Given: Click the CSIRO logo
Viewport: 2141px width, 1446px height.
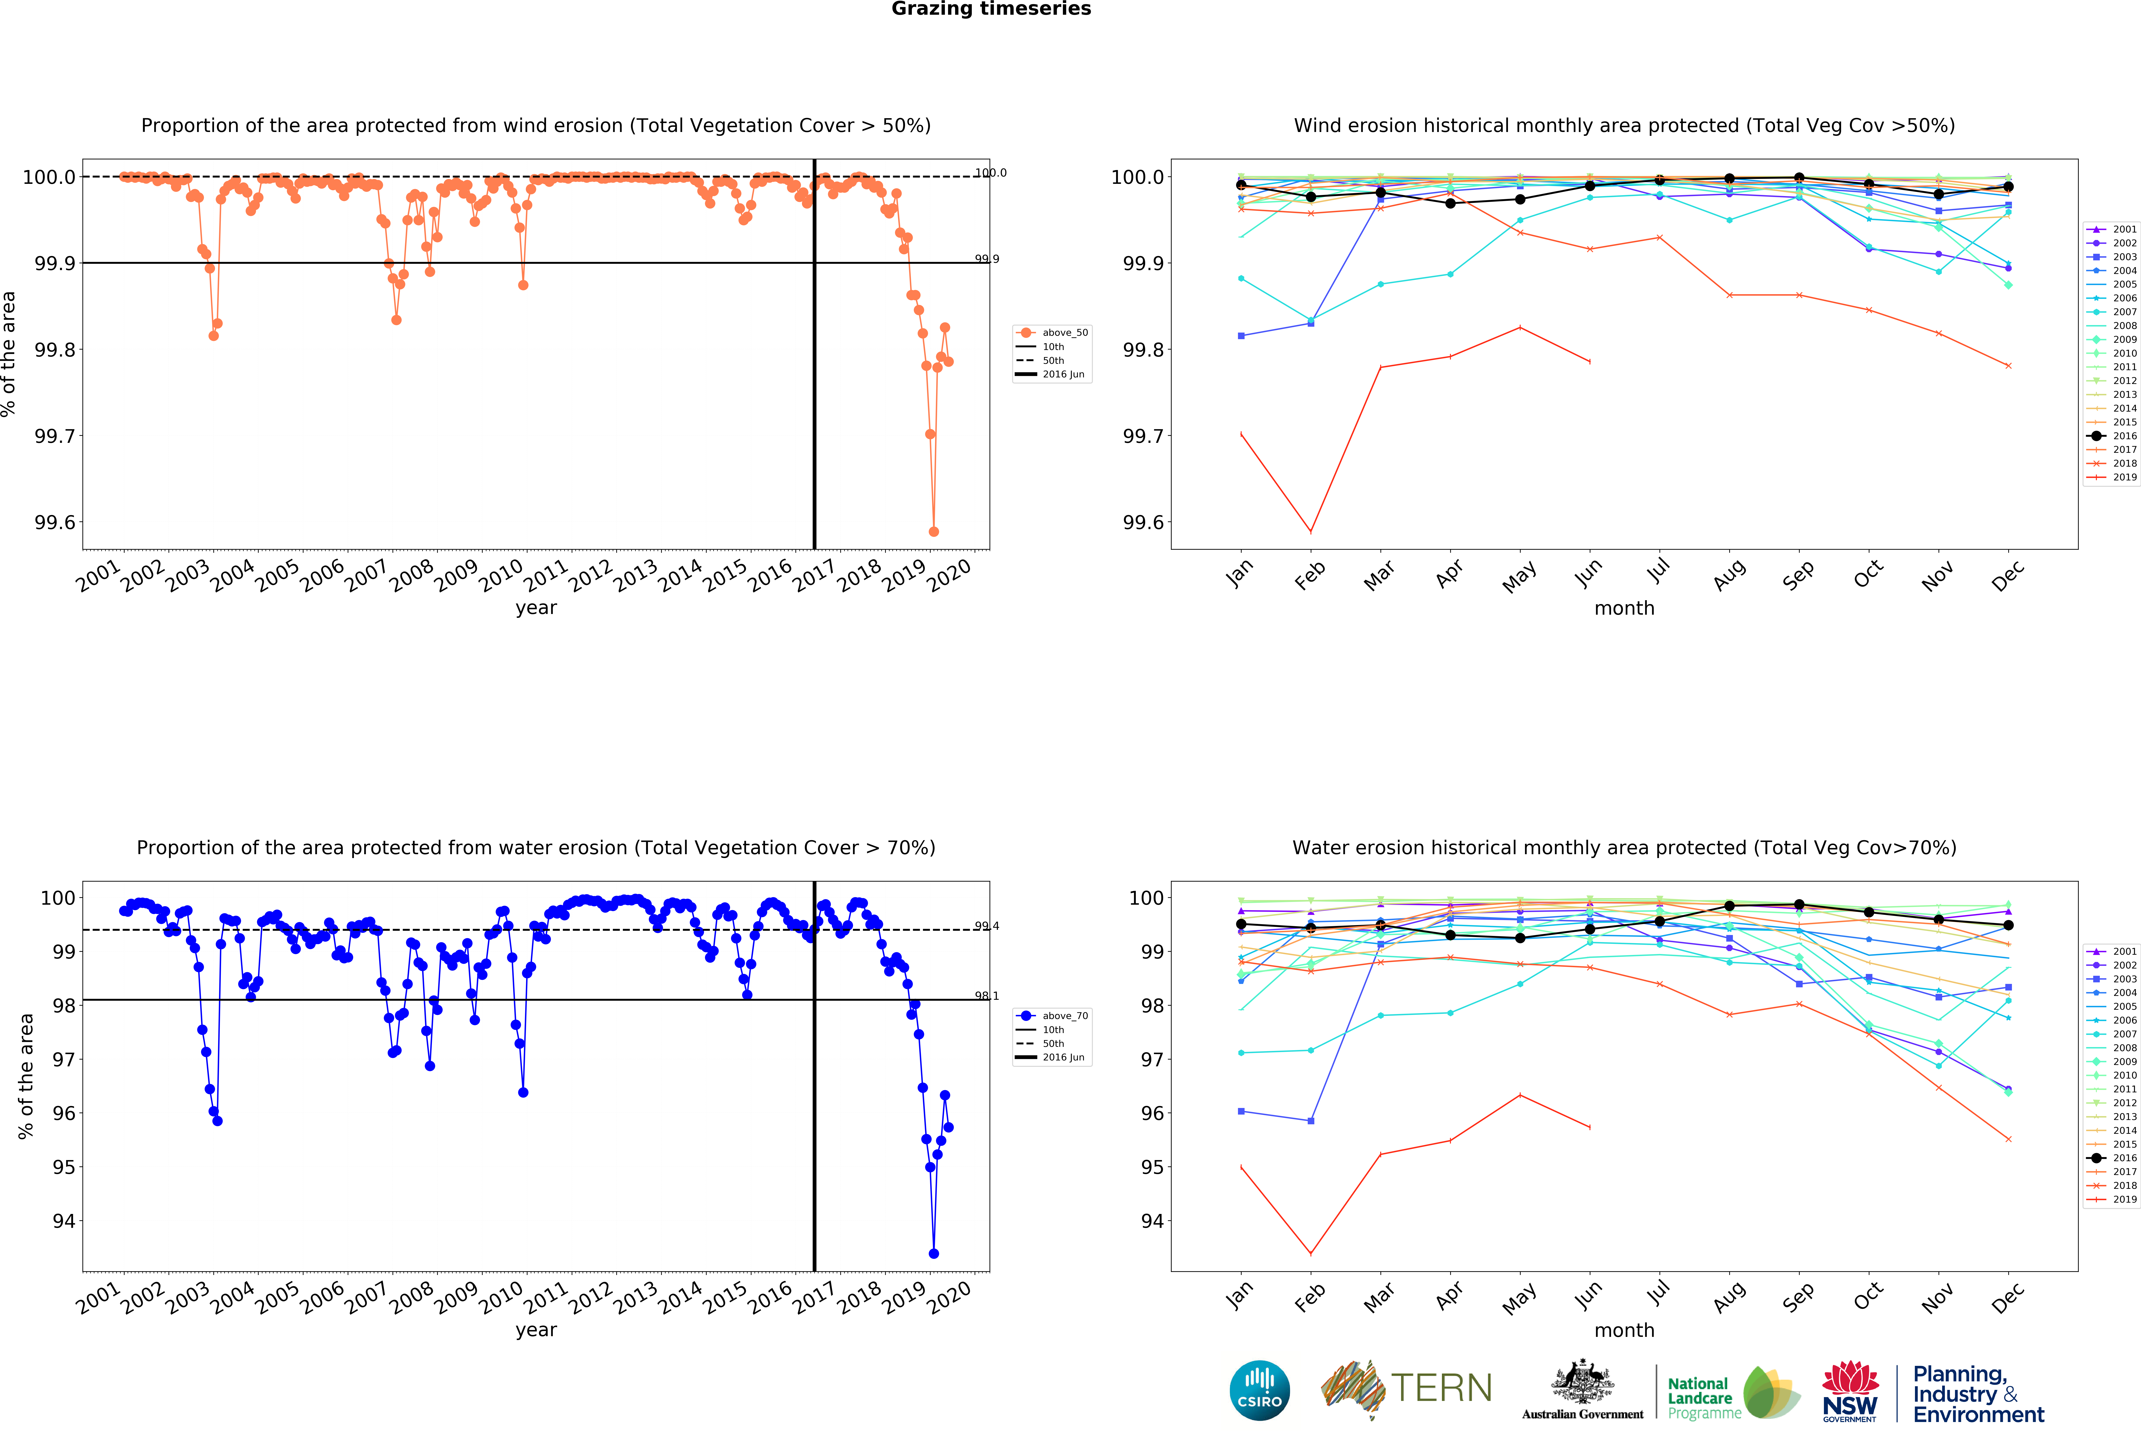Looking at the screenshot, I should point(1259,1390).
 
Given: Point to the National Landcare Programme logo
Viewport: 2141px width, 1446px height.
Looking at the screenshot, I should point(1732,1392).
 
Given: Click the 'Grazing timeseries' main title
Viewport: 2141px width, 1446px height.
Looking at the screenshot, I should point(991,9).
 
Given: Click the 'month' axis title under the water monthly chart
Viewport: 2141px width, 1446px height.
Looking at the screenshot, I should point(1624,1330).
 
